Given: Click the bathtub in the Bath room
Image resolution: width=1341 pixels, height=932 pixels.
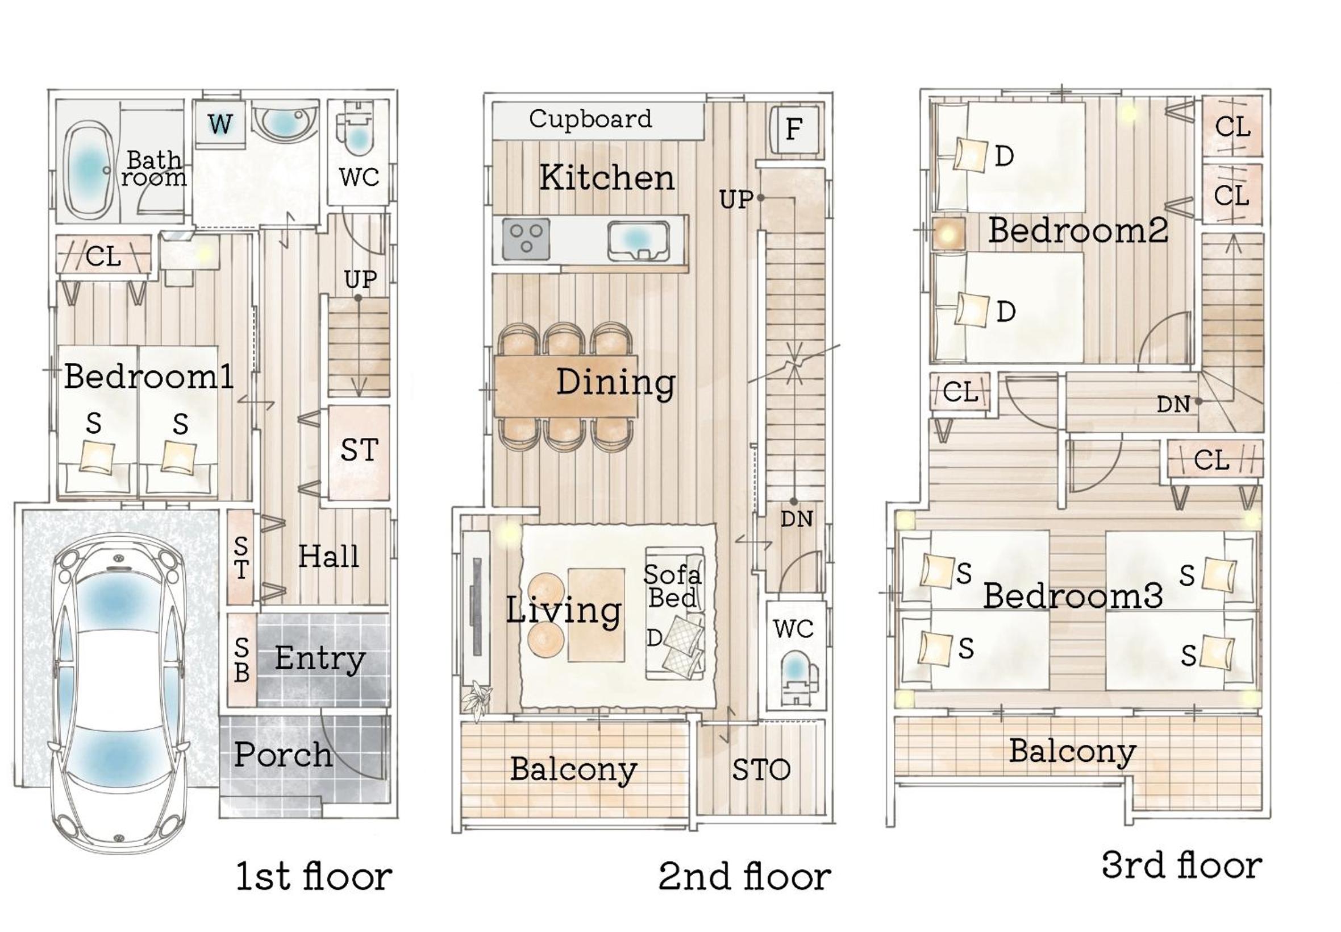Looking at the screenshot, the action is [88, 171].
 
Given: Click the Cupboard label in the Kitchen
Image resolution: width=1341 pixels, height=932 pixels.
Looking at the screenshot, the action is [589, 119].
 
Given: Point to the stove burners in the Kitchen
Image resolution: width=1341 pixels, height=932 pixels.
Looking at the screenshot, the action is [526, 239].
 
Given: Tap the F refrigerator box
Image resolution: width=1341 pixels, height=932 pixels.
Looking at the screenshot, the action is [794, 130].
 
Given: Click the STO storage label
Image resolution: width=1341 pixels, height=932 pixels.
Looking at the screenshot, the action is [761, 770].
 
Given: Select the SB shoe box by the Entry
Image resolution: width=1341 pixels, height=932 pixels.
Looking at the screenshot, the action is [241, 659].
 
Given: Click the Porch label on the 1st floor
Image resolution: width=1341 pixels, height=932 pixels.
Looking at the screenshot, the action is [284, 755].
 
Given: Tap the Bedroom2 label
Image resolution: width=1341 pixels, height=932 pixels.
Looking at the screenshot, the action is [1078, 230].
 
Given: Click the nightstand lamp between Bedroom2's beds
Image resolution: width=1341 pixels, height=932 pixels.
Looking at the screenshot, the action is [947, 234].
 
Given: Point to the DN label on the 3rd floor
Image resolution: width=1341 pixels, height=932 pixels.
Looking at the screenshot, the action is [1173, 404].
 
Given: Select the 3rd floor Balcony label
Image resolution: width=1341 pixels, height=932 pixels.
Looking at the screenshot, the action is [1073, 752].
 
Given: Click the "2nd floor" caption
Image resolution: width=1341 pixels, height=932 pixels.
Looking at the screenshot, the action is [744, 876].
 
